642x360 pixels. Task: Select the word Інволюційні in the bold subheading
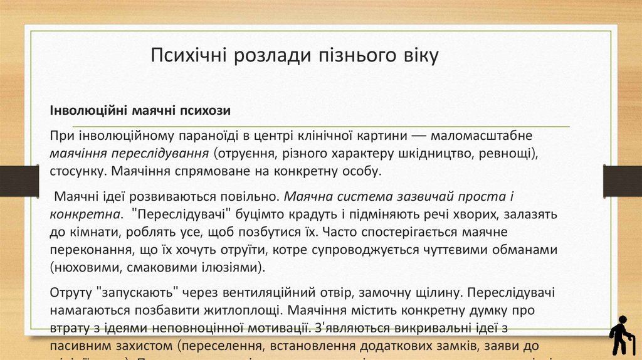point(89,111)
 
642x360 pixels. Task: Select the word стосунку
point(76,171)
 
